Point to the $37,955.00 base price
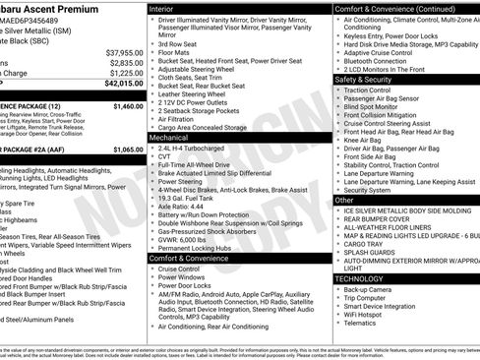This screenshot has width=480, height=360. tap(124, 52)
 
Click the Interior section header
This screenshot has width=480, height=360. tap(162, 8)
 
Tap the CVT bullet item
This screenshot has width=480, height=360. tap(164, 160)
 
